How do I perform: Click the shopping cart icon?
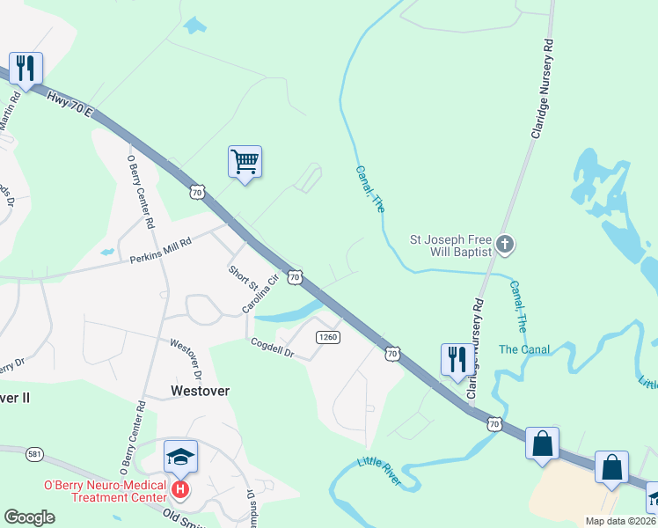tap(245, 162)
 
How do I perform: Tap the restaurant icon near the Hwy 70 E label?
tap(26, 69)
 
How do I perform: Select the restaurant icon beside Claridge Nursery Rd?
tap(456, 359)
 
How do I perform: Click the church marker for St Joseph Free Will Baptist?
tap(505, 244)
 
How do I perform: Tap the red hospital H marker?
tap(180, 488)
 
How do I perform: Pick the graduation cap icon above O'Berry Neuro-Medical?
tap(180, 457)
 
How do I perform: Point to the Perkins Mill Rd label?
tap(160, 253)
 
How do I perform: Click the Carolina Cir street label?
tap(260, 293)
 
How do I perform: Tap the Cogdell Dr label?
tap(271, 348)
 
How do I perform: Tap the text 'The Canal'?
tap(524, 349)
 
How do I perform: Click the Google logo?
tap(30, 517)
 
